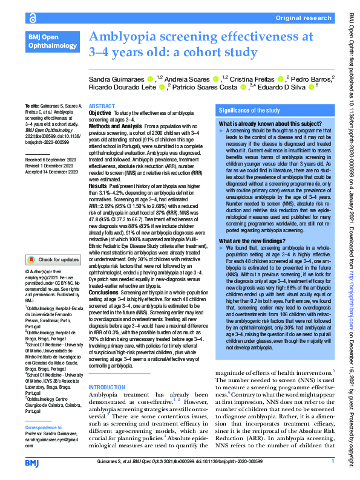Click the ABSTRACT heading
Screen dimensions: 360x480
102,106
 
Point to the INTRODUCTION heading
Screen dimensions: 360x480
107,387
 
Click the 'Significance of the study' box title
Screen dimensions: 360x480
249,111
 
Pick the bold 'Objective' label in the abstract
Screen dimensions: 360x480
100,113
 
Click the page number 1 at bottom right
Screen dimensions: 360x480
333,462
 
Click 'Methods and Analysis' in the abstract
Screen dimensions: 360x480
116,125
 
